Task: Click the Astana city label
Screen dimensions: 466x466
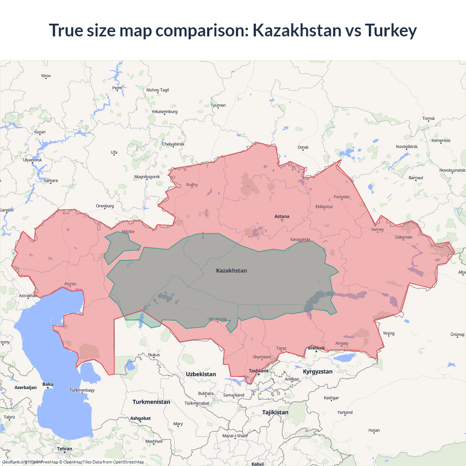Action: [282, 216]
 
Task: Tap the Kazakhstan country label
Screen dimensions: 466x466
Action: [232, 270]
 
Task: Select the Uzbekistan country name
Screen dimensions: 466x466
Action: [201, 374]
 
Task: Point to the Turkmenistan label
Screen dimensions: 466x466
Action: [151, 402]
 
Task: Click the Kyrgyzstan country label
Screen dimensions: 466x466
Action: [317, 371]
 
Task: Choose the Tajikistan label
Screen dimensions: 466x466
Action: [275, 412]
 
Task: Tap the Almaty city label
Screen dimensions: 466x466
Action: [342, 343]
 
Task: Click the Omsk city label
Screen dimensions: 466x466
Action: [303, 147]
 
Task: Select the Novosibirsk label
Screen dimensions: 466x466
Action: [407, 147]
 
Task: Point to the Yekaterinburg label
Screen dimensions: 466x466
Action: [165, 111]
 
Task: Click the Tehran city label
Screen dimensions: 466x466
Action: [65, 449]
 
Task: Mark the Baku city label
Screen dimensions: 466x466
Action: [48, 384]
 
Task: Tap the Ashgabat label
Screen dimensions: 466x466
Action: [141, 418]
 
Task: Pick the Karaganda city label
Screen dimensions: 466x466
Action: [300, 239]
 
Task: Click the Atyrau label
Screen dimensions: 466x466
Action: [70, 284]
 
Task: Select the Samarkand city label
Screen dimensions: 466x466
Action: [234, 395]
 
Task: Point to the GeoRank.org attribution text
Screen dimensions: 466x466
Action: [15, 462]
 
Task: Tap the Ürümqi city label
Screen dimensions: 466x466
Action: [457, 335]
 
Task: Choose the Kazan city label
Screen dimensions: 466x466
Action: [40, 132]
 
